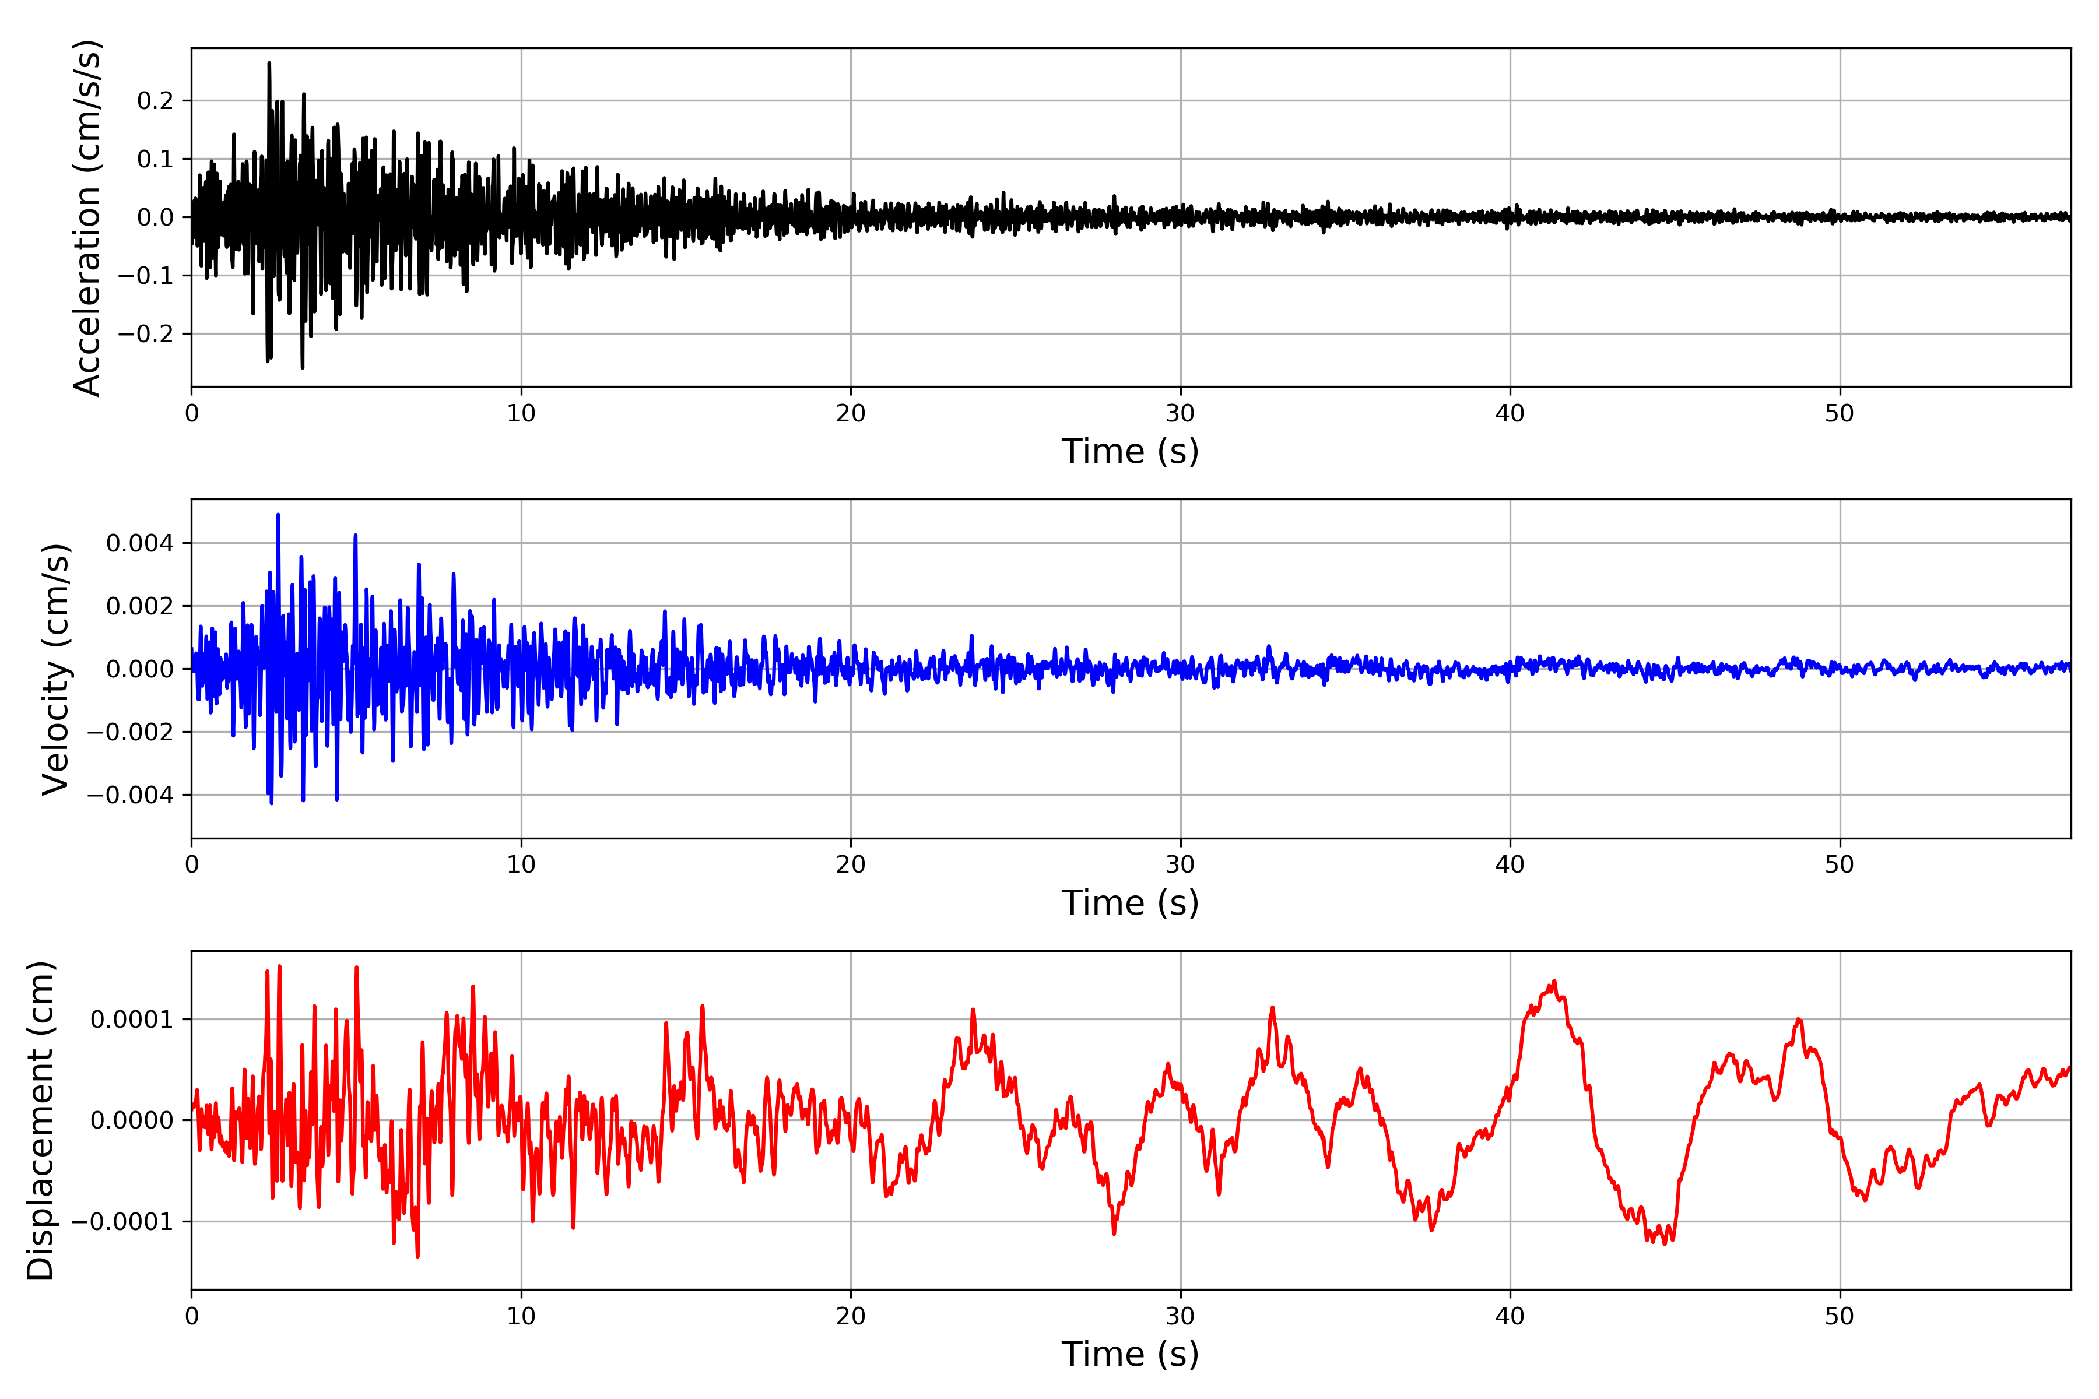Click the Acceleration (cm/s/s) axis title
[87, 217]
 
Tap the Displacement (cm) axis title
[40, 1120]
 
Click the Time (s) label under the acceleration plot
[1130, 451]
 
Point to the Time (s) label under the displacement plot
[1130, 1354]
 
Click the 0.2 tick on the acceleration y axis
[155, 101]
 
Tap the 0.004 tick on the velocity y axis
[139, 543]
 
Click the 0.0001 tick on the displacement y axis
[132, 1019]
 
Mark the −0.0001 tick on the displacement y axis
[123, 1221]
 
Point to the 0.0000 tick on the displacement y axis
[132, 1120]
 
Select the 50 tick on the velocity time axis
[1840, 864]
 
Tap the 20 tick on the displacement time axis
[851, 1316]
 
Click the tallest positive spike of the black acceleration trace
[269, 64]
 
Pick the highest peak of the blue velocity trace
[279, 515]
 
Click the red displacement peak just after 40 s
[1554, 982]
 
